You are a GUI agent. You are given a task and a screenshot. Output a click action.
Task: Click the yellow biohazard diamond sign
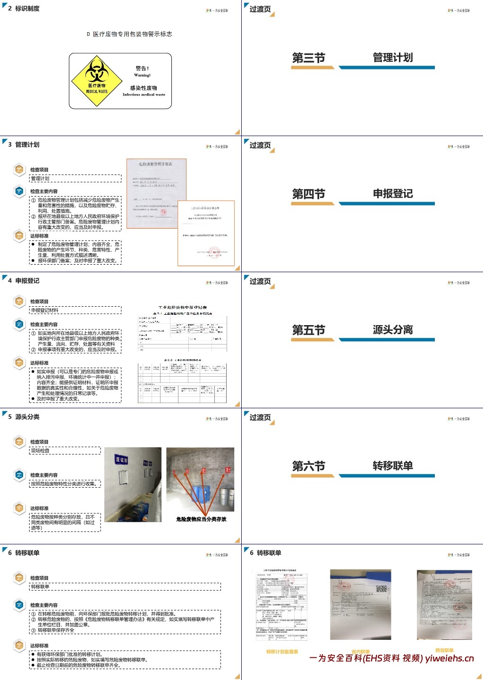click(97, 80)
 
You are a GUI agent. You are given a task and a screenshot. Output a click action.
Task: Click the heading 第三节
click(309, 58)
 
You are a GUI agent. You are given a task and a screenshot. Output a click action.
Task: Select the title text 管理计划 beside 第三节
click(393, 58)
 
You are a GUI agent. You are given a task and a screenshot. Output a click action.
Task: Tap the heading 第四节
click(309, 194)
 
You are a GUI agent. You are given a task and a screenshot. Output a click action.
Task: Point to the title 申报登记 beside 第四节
click(393, 194)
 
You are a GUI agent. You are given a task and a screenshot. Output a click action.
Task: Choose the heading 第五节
click(309, 330)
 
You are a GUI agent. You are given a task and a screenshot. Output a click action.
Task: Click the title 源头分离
click(393, 330)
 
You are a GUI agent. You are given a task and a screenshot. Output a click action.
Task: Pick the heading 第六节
click(309, 466)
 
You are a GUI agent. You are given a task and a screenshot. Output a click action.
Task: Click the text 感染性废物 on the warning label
click(144, 88)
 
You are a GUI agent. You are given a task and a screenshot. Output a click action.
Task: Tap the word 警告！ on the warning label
click(142, 69)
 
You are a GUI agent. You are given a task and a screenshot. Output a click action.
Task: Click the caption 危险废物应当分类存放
click(201, 519)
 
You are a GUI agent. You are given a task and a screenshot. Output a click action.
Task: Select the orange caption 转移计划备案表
click(282, 652)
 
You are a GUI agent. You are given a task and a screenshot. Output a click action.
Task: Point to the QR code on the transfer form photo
click(381, 590)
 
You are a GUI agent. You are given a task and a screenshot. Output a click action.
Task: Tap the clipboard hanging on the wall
click(124, 477)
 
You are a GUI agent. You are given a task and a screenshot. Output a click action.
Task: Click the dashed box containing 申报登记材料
click(76, 310)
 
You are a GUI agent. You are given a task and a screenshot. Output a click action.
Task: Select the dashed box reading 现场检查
click(65, 451)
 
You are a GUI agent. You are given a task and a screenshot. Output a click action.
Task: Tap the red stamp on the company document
click(215, 253)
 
